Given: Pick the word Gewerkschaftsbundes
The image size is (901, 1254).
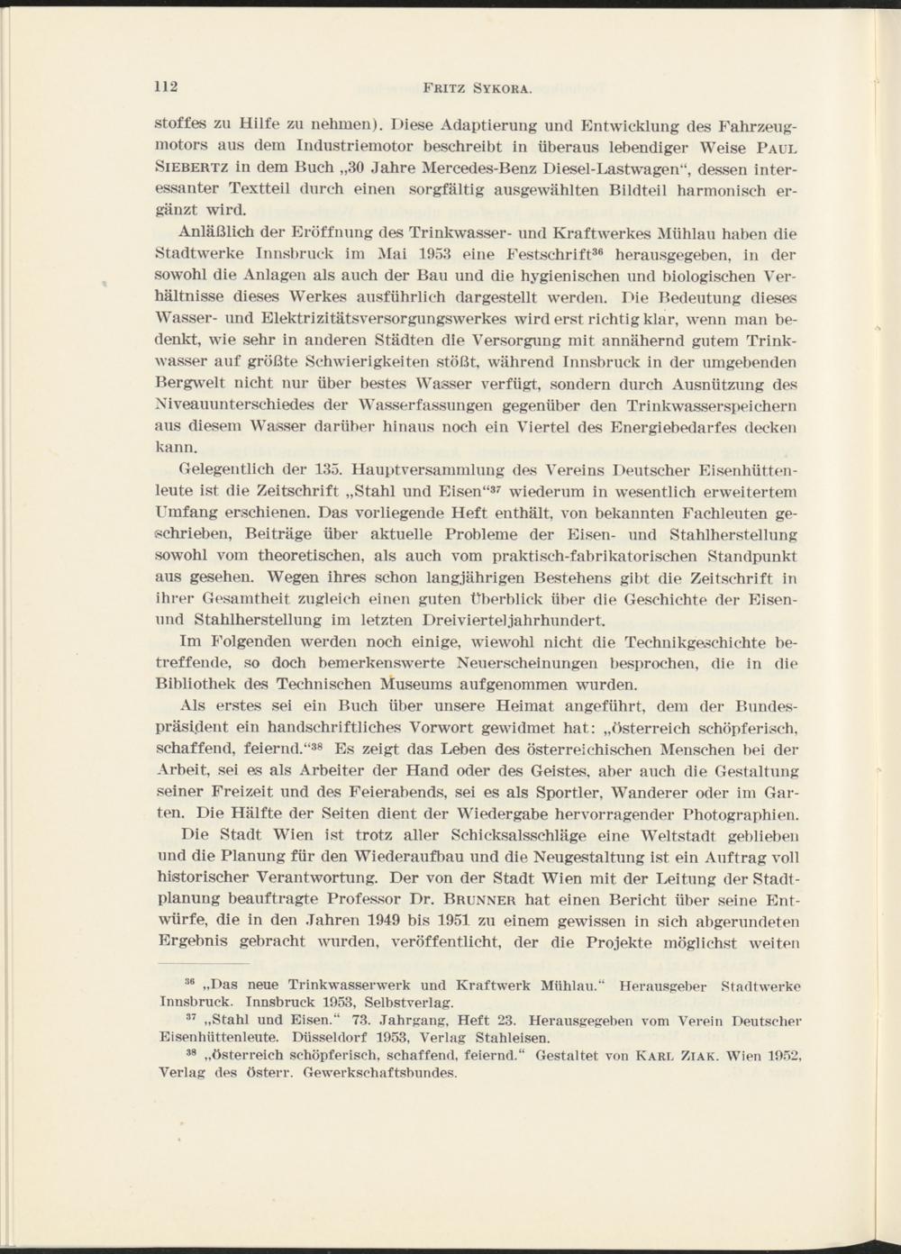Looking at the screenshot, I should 380,1075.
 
